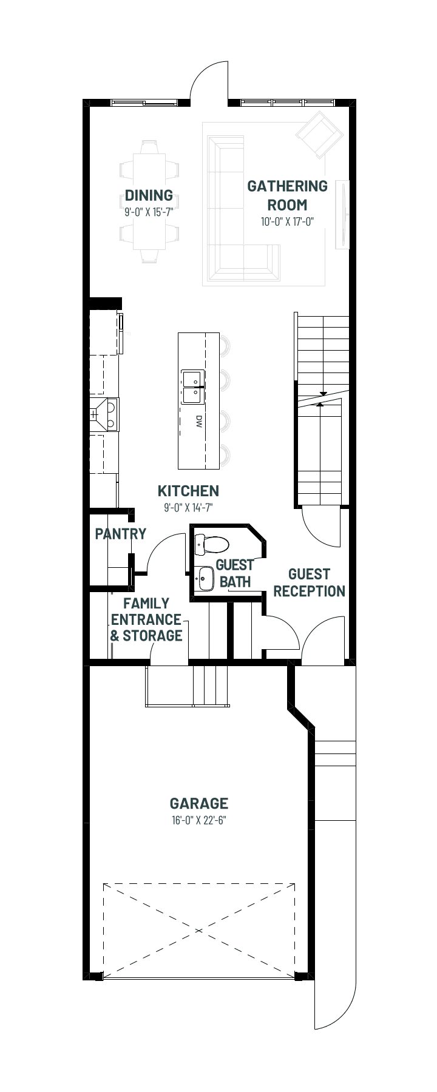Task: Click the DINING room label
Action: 149,195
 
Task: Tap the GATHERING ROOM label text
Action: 287,195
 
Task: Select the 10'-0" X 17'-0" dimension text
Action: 287,222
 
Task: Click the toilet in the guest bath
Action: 211,544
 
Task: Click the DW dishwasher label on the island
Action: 198,421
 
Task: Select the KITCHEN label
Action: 188,491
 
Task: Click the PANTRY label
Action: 121,534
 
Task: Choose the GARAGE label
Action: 199,804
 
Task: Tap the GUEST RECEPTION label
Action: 310,582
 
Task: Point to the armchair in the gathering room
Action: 317,133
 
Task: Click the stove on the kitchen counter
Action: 105,414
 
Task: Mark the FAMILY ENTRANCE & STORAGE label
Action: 146,619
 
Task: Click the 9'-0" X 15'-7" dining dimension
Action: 149,212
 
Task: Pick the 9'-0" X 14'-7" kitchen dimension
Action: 188,508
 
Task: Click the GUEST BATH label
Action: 235,573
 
